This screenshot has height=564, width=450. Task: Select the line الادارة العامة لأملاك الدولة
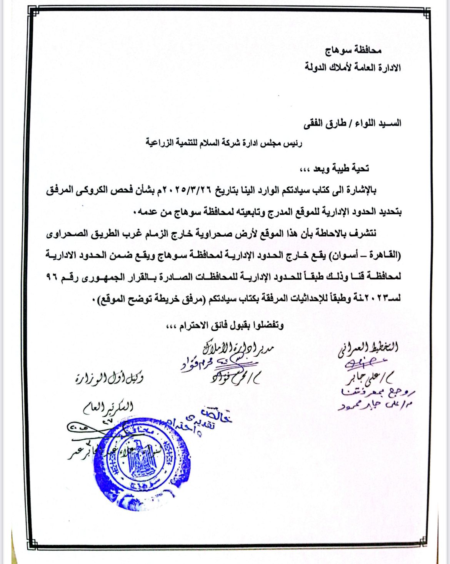pyautogui.click(x=353, y=68)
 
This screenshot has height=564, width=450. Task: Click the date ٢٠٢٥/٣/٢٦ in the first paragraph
pyautogui.click(x=186, y=190)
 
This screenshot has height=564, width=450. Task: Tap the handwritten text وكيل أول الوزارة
pyautogui.click(x=109, y=379)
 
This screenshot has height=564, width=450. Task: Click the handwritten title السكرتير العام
pyautogui.click(x=108, y=408)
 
